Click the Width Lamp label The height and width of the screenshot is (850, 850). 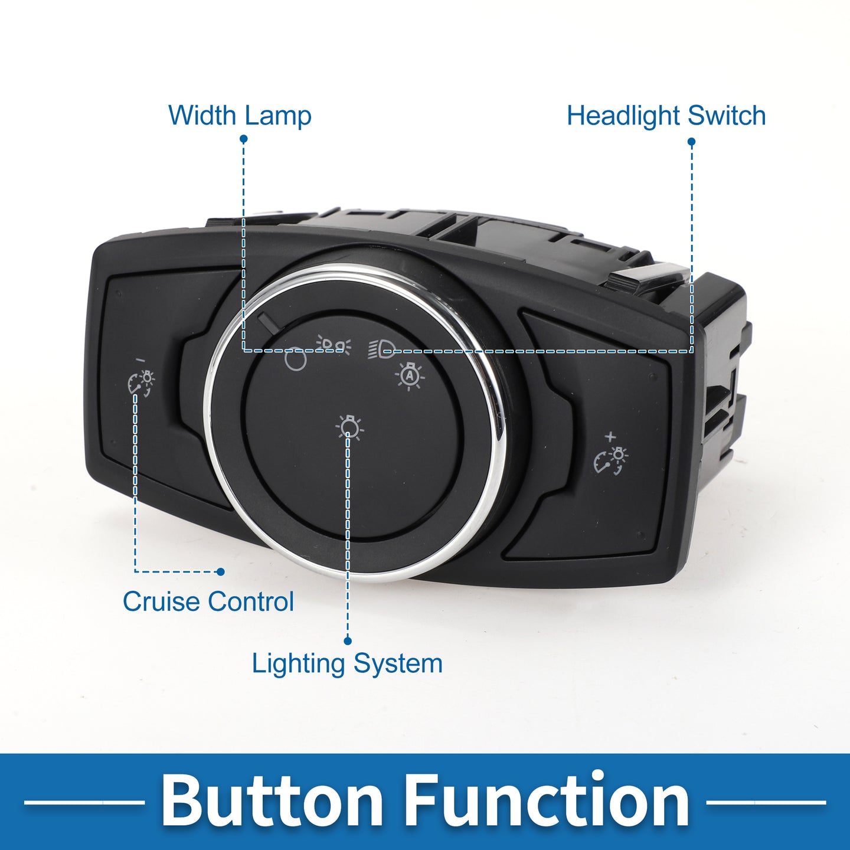pyautogui.click(x=240, y=116)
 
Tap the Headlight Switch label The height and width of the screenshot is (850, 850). pyautogui.click(x=666, y=116)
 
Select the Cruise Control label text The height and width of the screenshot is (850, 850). pyautogui.click(x=208, y=601)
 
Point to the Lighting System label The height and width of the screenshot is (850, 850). pyautogui.click(x=347, y=663)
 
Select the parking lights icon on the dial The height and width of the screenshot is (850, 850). pyautogui.click(x=334, y=345)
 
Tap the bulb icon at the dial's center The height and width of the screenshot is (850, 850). pyautogui.click(x=349, y=427)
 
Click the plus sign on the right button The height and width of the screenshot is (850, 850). pyautogui.click(x=610, y=437)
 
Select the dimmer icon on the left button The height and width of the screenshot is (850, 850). pyautogui.click(x=141, y=383)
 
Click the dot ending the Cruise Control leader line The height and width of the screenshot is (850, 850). pyautogui.click(x=221, y=571)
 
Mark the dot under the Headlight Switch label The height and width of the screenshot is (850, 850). pyautogui.click(x=692, y=142)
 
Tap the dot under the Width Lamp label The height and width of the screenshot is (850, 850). pyautogui.click(x=243, y=139)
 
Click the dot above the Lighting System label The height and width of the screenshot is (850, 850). pyautogui.click(x=348, y=640)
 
